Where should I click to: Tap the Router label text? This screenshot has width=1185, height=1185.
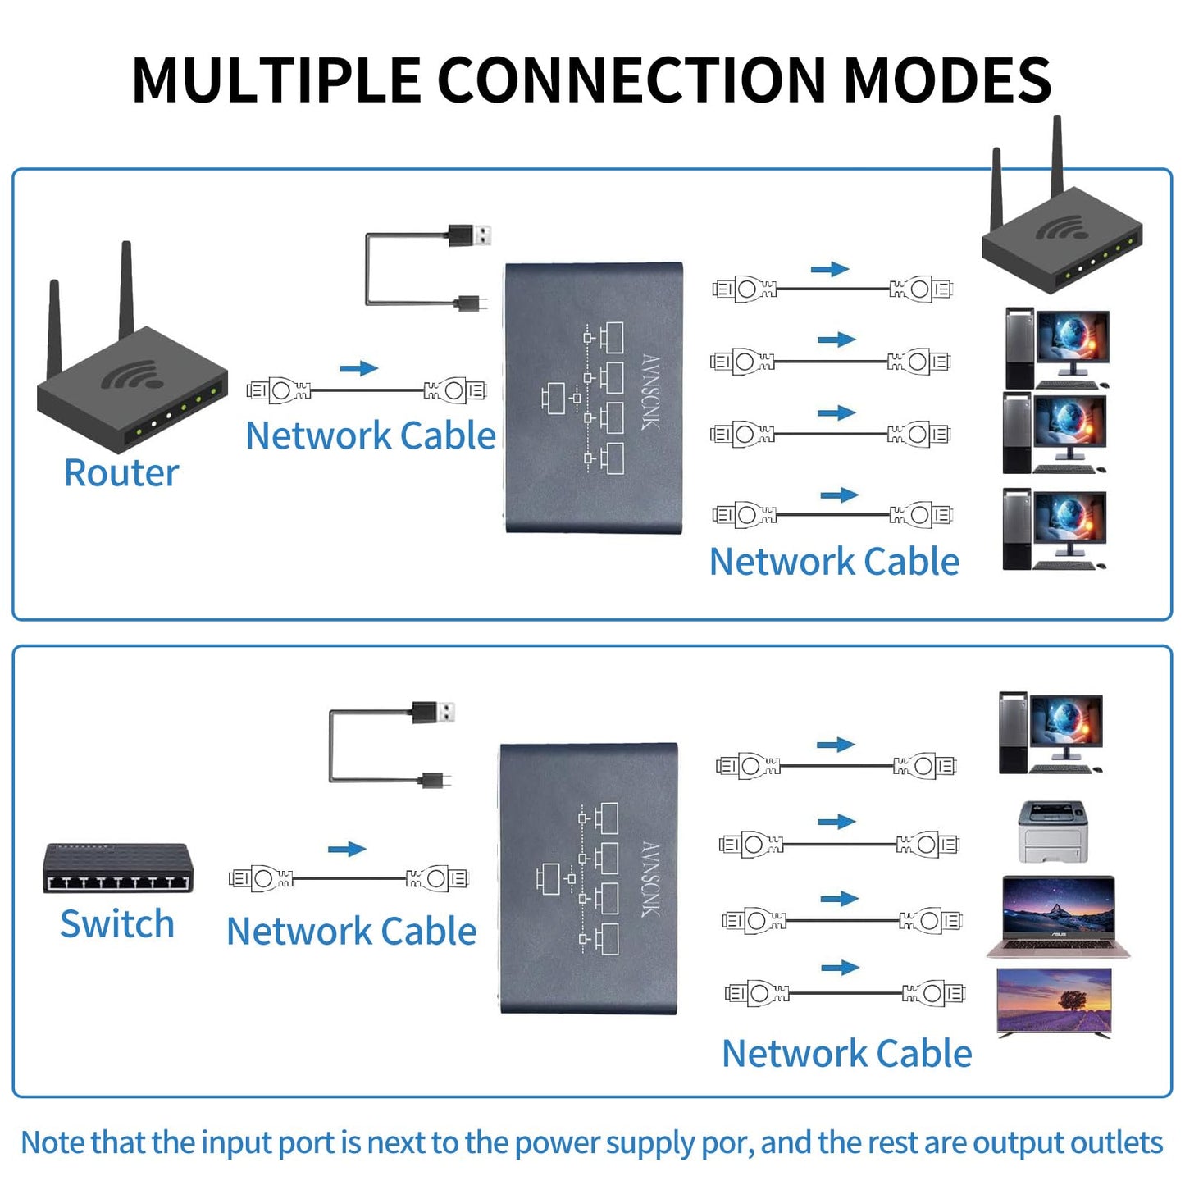(121, 473)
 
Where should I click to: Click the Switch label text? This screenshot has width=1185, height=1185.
(117, 924)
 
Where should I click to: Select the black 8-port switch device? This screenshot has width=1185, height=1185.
(117, 868)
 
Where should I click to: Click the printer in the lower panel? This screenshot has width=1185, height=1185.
(1053, 832)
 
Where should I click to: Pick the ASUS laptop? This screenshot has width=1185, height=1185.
(1058, 917)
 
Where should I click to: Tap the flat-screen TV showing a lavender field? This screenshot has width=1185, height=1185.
(1054, 1002)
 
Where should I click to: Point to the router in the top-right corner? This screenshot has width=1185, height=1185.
(1062, 238)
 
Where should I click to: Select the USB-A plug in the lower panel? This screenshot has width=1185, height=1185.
(434, 713)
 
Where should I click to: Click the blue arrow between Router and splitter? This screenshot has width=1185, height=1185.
(358, 369)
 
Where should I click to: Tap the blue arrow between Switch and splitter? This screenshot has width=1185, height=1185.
(347, 849)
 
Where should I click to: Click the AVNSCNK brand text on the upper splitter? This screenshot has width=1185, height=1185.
(650, 392)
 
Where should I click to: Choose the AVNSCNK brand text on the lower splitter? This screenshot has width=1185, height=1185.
(649, 879)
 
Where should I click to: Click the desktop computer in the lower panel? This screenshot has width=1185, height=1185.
(1050, 734)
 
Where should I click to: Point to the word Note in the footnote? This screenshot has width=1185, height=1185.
(52, 1142)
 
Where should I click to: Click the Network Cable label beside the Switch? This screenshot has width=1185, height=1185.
(352, 932)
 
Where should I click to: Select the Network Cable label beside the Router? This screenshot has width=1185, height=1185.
(371, 435)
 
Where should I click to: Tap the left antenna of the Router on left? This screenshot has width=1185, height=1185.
(55, 328)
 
